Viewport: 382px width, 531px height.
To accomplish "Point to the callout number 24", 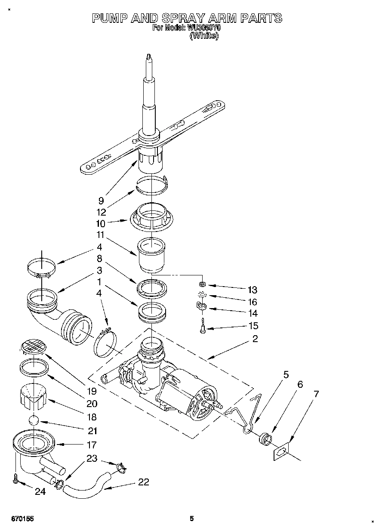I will click(40, 491).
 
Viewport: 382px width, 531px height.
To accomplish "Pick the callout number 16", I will click(253, 302).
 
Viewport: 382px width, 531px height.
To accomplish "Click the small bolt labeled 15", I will click(202, 328).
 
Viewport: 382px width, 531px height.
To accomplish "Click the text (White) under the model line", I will click(204, 37).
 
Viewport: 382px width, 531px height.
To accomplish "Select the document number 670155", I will click(21, 519).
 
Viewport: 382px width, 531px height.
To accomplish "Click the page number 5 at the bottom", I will click(192, 519).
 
